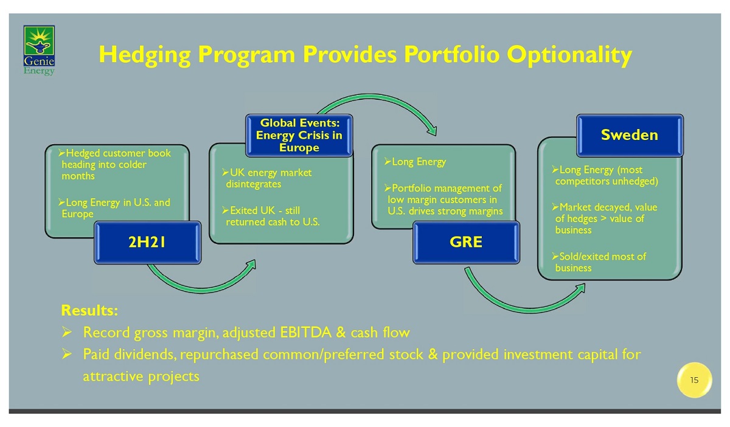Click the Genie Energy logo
[x=39, y=50]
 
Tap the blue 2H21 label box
[x=147, y=243]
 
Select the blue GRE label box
[x=466, y=243]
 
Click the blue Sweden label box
[x=630, y=135]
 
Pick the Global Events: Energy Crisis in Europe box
[x=299, y=135]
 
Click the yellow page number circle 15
[x=695, y=380]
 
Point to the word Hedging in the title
[x=145, y=55]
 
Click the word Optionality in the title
[x=569, y=55]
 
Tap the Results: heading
[x=89, y=311]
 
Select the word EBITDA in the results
[x=305, y=333]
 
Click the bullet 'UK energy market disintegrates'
[x=266, y=178]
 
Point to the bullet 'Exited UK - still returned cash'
[x=271, y=216]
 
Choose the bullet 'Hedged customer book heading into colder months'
[x=114, y=165]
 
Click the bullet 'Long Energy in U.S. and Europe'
[x=114, y=208]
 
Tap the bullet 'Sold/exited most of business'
[x=599, y=262]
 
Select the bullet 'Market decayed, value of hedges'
[x=605, y=218]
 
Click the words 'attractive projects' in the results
[x=141, y=377]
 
